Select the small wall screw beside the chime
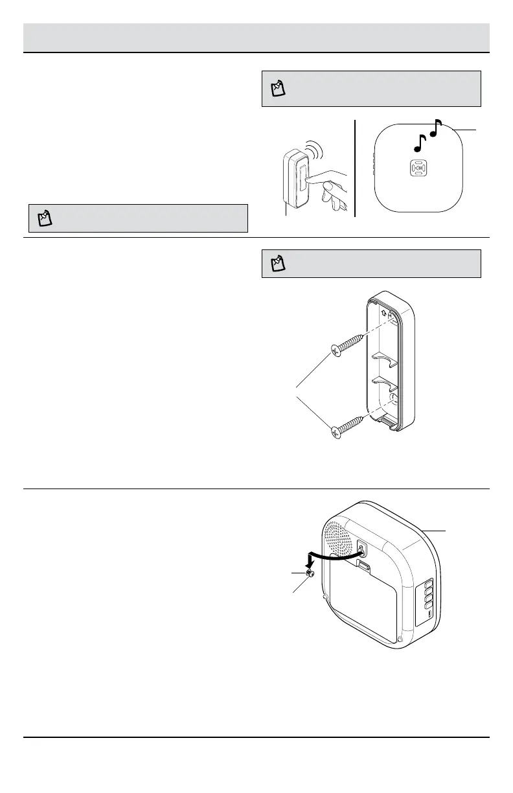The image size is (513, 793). [311, 574]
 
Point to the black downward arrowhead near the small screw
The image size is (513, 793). [310, 566]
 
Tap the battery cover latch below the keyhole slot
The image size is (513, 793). [365, 568]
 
